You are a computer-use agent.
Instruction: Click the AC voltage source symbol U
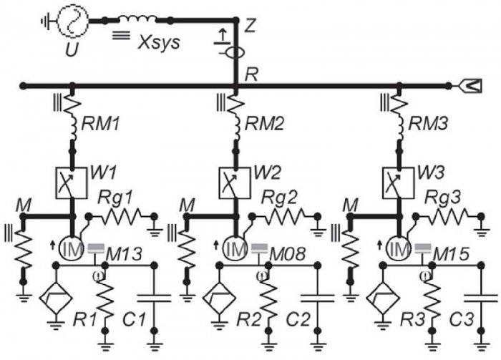pos(72,21)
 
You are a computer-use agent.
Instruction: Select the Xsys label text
pos(159,42)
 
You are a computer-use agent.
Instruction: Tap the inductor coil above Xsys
pos(137,19)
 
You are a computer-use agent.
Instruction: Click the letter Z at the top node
pos(249,26)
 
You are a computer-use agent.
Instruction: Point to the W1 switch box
pos(72,183)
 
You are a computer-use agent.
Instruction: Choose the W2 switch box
pos(235,183)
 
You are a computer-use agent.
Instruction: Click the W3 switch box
pos(398,183)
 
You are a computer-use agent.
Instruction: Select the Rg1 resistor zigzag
pos(121,217)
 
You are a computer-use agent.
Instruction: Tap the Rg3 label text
pos(442,198)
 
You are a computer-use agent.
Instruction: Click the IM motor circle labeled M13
pos(71,249)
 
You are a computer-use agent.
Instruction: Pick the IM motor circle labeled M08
pos(235,249)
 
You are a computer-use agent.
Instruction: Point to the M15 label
pos(451,254)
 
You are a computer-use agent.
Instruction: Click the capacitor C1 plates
pos(154,298)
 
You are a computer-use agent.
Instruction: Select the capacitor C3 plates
pos(481,298)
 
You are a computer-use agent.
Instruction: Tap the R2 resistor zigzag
pos(268,298)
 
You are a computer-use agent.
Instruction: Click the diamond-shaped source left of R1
pos(56,298)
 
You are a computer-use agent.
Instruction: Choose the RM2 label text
pos(264,124)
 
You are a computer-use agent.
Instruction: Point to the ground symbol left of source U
pos(46,21)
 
